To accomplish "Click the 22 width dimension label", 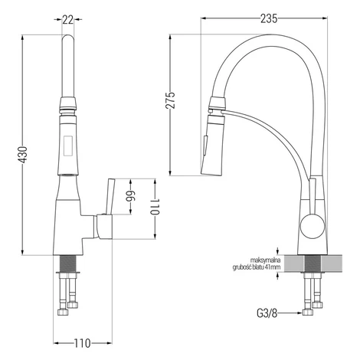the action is pyautogui.click(x=68, y=20).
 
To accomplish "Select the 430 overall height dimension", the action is pyautogui.click(x=23, y=155).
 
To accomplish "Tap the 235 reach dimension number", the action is pyautogui.click(x=269, y=19).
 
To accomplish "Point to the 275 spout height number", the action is pyautogui.click(x=171, y=100).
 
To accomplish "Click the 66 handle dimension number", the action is pyautogui.click(x=131, y=196).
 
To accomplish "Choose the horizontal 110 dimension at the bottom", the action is pyautogui.click(x=83, y=343).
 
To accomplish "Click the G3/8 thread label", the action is pyautogui.click(x=267, y=313).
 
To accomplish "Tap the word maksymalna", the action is pyautogui.click(x=266, y=260).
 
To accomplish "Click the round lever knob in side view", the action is pyautogui.click(x=313, y=226).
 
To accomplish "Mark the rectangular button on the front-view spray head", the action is pyautogui.click(x=68, y=145).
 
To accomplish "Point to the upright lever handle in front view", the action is pyautogui.click(x=110, y=196).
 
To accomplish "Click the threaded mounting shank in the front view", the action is pyautogui.click(x=67, y=263).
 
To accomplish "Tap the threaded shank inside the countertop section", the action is pyautogui.click(x=313, y=263).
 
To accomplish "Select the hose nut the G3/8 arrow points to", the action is pyautogui.click(x=307, y=313).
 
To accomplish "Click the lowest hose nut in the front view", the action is pyautogui.click(x=63, y=313).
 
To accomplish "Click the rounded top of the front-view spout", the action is pyautogui.click(x=68, y=39).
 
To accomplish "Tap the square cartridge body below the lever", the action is pyautogui.click(x=104, y=227).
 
